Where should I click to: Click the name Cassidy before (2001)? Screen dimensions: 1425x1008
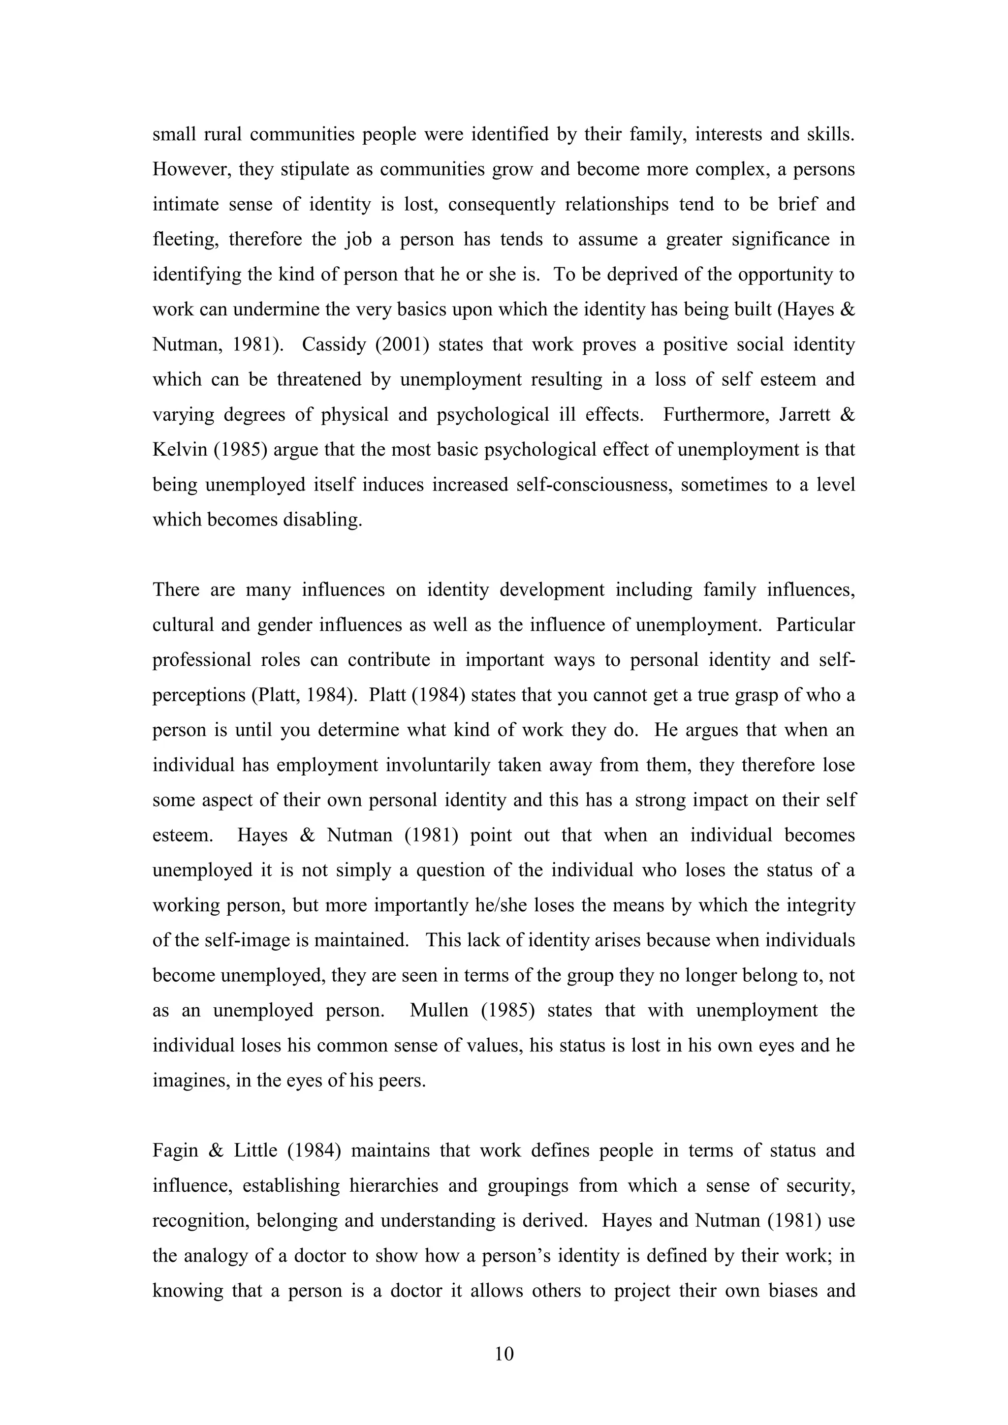(x=333, y=344)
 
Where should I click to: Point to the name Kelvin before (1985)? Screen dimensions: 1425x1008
(x=179, y=449)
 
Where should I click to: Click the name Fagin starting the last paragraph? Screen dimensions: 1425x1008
(x=175, y=1150)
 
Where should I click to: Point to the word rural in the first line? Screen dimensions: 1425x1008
(x=223, y=135)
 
